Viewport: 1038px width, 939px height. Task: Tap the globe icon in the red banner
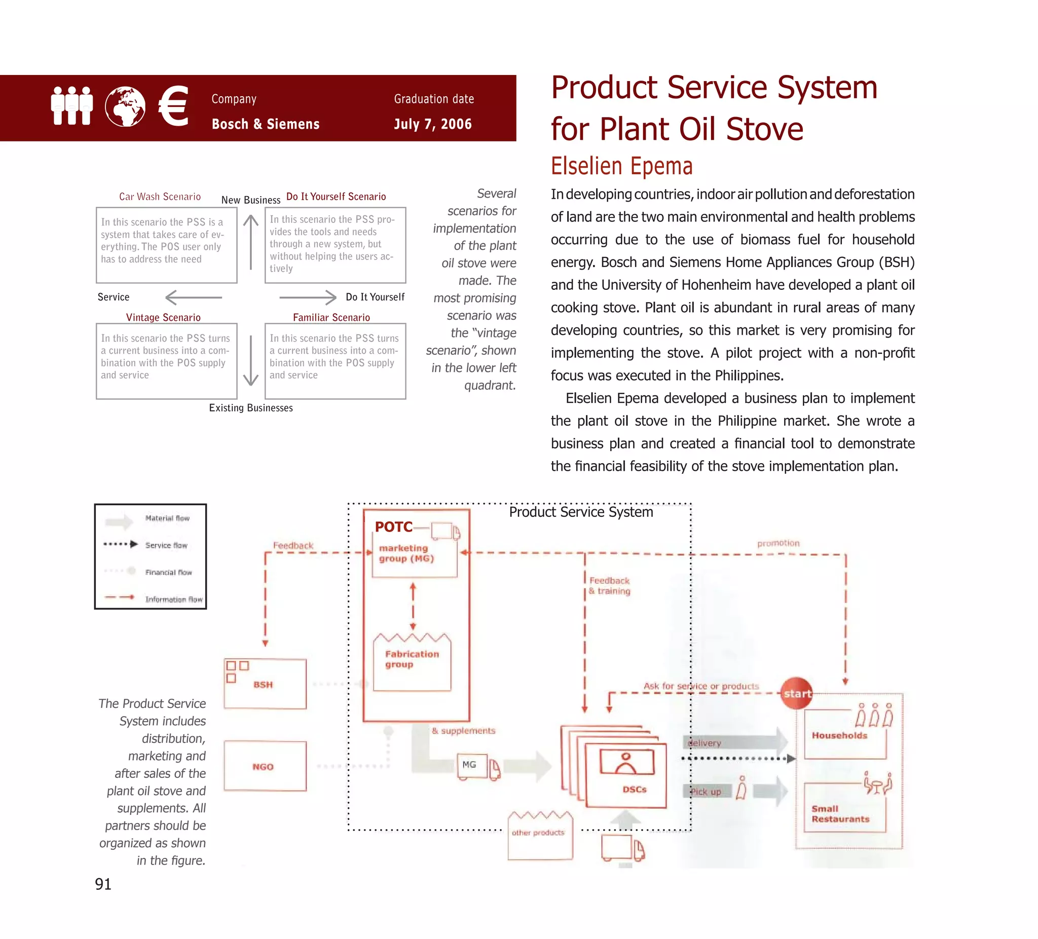coord(125,106)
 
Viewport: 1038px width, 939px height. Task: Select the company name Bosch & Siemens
coord(265,124)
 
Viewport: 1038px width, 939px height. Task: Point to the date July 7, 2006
coord(432,124)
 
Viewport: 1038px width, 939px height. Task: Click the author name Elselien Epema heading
coord(621,166)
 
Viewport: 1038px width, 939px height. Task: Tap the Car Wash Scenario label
coord(160,197)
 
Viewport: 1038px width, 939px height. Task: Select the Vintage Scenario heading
coord(163,318)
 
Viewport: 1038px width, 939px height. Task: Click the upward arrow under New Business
coord(251,242)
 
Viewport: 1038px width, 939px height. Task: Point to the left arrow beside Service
coord(193,297)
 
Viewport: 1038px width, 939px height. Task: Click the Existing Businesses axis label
coord(251,408)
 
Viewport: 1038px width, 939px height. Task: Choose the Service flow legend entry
coord(166,545)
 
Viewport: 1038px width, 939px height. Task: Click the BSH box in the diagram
coord(265,684)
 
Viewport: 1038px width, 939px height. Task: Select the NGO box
coord(265,767)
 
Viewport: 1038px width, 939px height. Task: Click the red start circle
coord(797,693)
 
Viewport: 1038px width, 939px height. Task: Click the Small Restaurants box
coord(844,809)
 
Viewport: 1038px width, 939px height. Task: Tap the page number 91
coord(103,884)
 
